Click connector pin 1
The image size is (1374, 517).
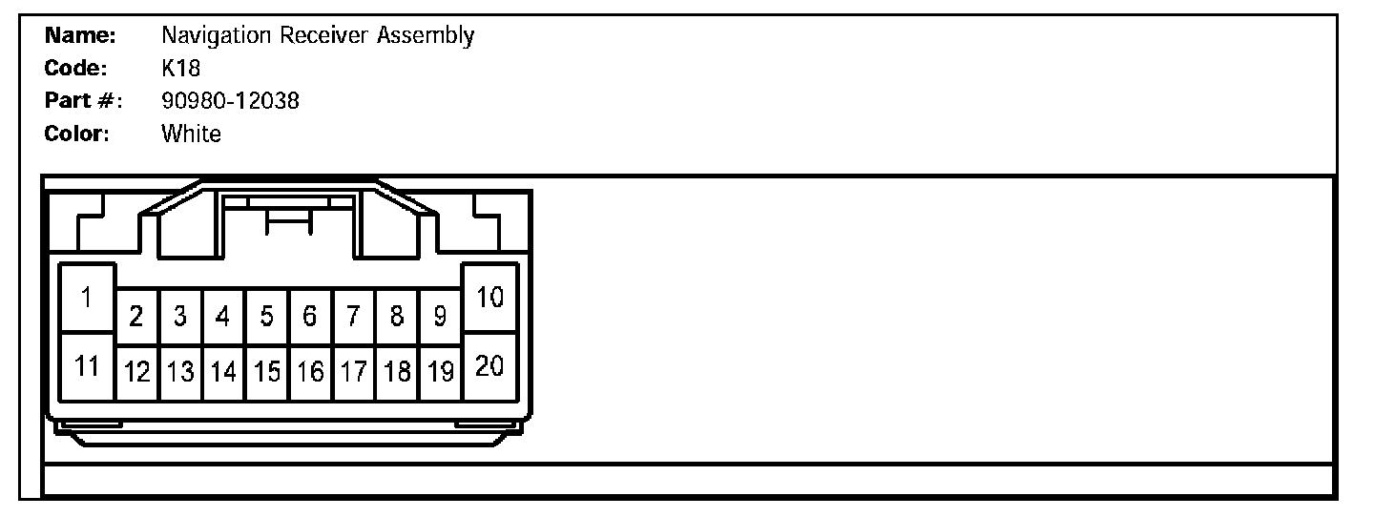[87, 298]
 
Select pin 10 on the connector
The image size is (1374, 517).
[489, 298]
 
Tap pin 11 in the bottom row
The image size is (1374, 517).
[87, 365]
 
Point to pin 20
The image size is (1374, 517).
[489, 365]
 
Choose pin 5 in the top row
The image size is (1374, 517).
[267, 317]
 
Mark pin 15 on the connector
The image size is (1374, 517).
[267, 372]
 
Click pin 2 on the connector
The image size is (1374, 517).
[136, 317]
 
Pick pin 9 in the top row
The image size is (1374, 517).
[440, 317]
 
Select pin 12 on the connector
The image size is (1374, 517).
[136, 372]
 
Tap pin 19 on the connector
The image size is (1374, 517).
[440, 372]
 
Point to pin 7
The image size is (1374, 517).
[353, 317]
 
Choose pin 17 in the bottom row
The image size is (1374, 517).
[353, 372]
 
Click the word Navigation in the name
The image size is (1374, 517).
[217, 36]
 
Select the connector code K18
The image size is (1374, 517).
[180, 69]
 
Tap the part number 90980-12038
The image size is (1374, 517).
[230, 101]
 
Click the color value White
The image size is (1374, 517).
[191, 134]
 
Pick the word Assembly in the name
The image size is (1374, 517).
[426, 36]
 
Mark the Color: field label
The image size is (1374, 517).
[77, 134]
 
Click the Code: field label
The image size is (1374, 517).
[75, 69]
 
